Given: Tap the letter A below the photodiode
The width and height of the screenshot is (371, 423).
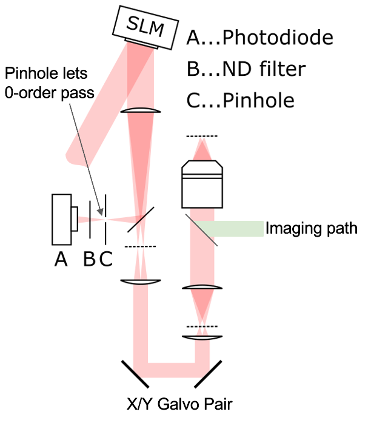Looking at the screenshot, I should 61,260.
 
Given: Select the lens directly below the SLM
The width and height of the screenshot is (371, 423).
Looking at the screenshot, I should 141,111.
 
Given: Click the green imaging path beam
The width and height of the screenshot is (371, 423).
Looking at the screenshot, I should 230,228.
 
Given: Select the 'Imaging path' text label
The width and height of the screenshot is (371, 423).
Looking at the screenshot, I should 312,228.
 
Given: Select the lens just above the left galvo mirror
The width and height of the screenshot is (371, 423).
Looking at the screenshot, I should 140,281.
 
